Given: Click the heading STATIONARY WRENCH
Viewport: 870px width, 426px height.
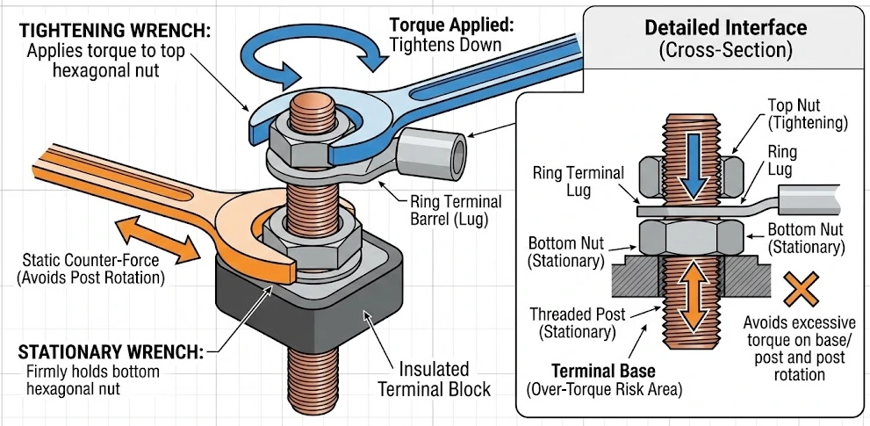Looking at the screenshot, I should [111, 352].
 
